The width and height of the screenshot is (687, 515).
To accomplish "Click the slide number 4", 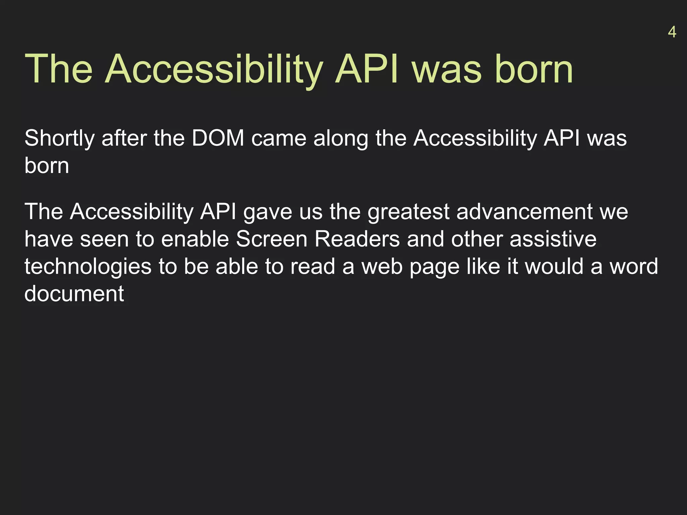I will coord(672,32).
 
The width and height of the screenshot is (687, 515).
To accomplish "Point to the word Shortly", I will coord(59,138).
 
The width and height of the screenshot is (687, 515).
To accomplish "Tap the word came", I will coord(279,138).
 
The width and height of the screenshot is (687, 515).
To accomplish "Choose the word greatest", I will coord(409,212).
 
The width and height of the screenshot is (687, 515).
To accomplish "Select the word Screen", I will coord(272,239).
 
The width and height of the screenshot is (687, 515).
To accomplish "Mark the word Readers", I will coord(357,239).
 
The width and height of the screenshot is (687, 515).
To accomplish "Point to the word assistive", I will coord(553,239).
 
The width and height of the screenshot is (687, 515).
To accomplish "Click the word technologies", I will coord(88,267).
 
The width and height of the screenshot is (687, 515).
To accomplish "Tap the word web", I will coord(382,267).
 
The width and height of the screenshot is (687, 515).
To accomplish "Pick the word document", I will coord(74,294).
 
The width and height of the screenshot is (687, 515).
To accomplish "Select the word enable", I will coord(195,239).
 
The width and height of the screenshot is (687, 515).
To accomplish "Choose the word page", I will coord(434,267).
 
